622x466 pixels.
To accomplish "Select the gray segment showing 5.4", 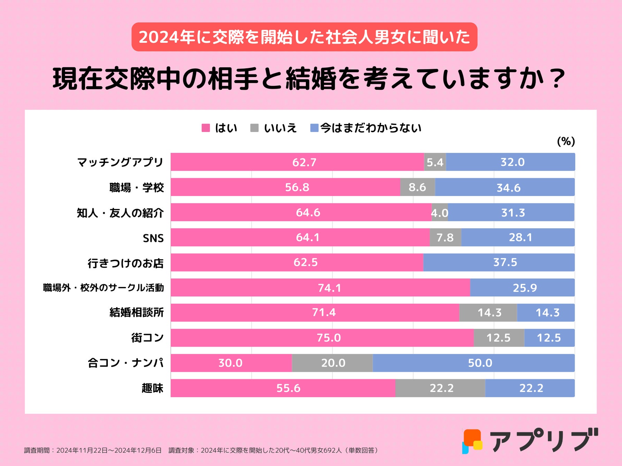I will click(435, 162).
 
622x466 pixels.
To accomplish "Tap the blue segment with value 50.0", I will click(473, 363).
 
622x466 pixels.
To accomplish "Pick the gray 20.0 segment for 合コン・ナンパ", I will click(332, 363).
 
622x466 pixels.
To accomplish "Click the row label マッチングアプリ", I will click(120, 162).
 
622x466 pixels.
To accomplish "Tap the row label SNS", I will click(153, 238).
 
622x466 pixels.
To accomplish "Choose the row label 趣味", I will click(152, 388).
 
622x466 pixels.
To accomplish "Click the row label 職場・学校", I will click(136, 188).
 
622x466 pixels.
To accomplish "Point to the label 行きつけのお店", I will click(125, 263).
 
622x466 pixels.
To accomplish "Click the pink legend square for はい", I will click(206, 128).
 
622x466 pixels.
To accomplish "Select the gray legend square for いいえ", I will click(254, 128).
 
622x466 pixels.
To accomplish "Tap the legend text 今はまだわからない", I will click(370, 128).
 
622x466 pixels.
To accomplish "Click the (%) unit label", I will click(566, 141).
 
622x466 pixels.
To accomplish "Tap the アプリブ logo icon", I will click(472, 441).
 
